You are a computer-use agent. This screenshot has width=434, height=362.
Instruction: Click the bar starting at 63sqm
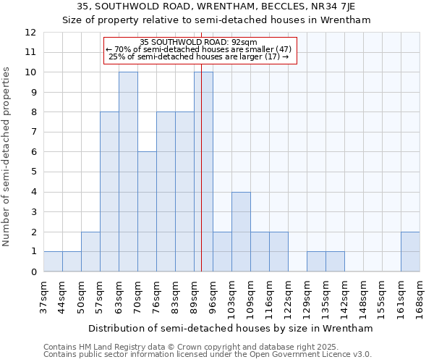[128, 172]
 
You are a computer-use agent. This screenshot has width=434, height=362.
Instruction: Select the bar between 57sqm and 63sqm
[109, 192]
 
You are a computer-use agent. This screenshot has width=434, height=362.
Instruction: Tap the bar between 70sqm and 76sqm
[147, 212]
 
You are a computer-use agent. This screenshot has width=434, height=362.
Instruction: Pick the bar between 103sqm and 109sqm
[241, 232]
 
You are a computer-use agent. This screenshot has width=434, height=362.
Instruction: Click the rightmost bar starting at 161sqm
[410, 252]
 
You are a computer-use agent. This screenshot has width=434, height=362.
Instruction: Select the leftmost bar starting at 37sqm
[53, 261]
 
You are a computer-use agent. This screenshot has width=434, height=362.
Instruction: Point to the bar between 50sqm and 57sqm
[90, 252]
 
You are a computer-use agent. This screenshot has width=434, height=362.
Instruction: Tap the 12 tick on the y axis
[30, 33]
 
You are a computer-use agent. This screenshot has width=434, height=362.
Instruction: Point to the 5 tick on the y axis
[33, 172]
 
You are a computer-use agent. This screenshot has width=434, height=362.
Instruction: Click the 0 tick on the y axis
[33, 272]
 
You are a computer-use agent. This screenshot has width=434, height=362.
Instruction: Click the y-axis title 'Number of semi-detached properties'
[7, 156]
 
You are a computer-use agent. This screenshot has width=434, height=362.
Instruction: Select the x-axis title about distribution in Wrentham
[231, 328]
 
